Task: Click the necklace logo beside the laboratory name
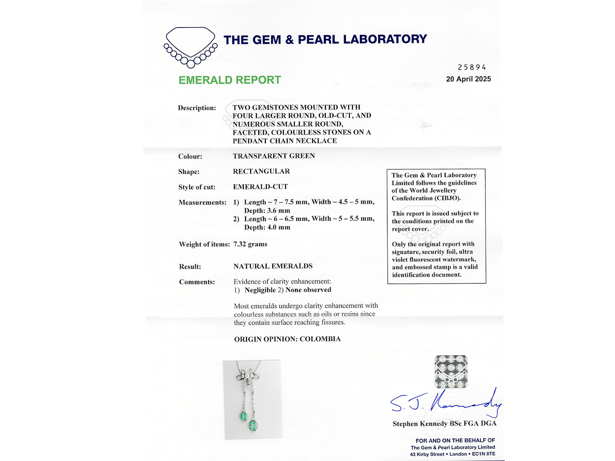pyautogui.click(x=190, y=47)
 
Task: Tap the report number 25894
pyautogui.click(x=472, y=67)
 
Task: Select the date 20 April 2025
pyautogui.click(x=468, y=79)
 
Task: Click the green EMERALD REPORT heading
pyautogui.click(x=230, y=80)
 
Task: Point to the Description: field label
pyautogui.click(x=197, y=108)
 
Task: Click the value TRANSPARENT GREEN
pyautogui.click(x=274, y=156)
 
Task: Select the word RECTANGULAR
pyautogui.click(x=261, y=171)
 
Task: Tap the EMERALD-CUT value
pyautogui.click(x=260, y=187)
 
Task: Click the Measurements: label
pyautogui.click(x=202, y=202)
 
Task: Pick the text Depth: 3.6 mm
pyautogui.click(x=267, y=211)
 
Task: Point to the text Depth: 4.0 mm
pyautogui.click(x=267, y=227)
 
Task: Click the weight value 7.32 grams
pyautogui.click(x=250, y=244)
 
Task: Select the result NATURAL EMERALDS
pyautogui.click(x=273, y=266)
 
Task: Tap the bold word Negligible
pyautogui.click(x=260, y=290)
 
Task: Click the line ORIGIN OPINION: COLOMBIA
pyautogui.click(x=287, y=339)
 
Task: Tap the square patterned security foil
pyautogui.click(x=451, y=372)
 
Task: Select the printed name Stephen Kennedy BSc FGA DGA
pyautogui.click(x=445, y=424)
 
